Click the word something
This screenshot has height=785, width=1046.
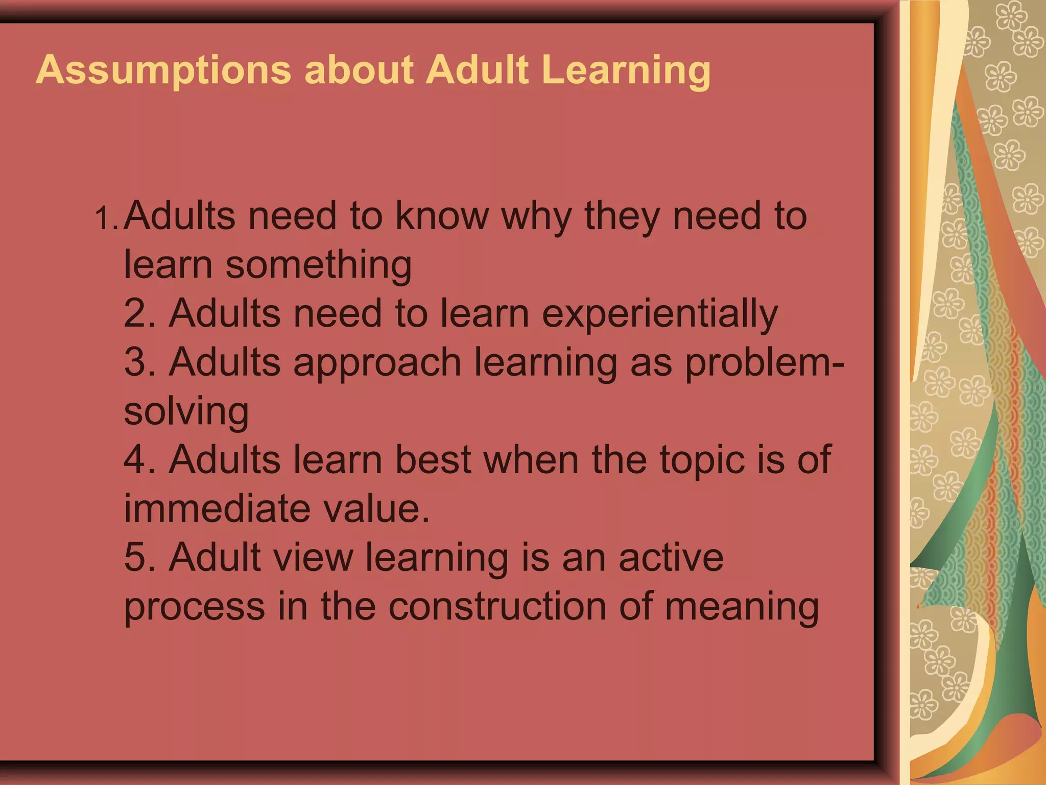pos(319,265)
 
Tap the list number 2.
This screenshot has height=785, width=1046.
pos(139,313)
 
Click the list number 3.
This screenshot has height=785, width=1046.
pos(139,362)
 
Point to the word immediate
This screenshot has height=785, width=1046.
pos(217,508)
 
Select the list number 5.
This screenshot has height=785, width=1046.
pos(139,557)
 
